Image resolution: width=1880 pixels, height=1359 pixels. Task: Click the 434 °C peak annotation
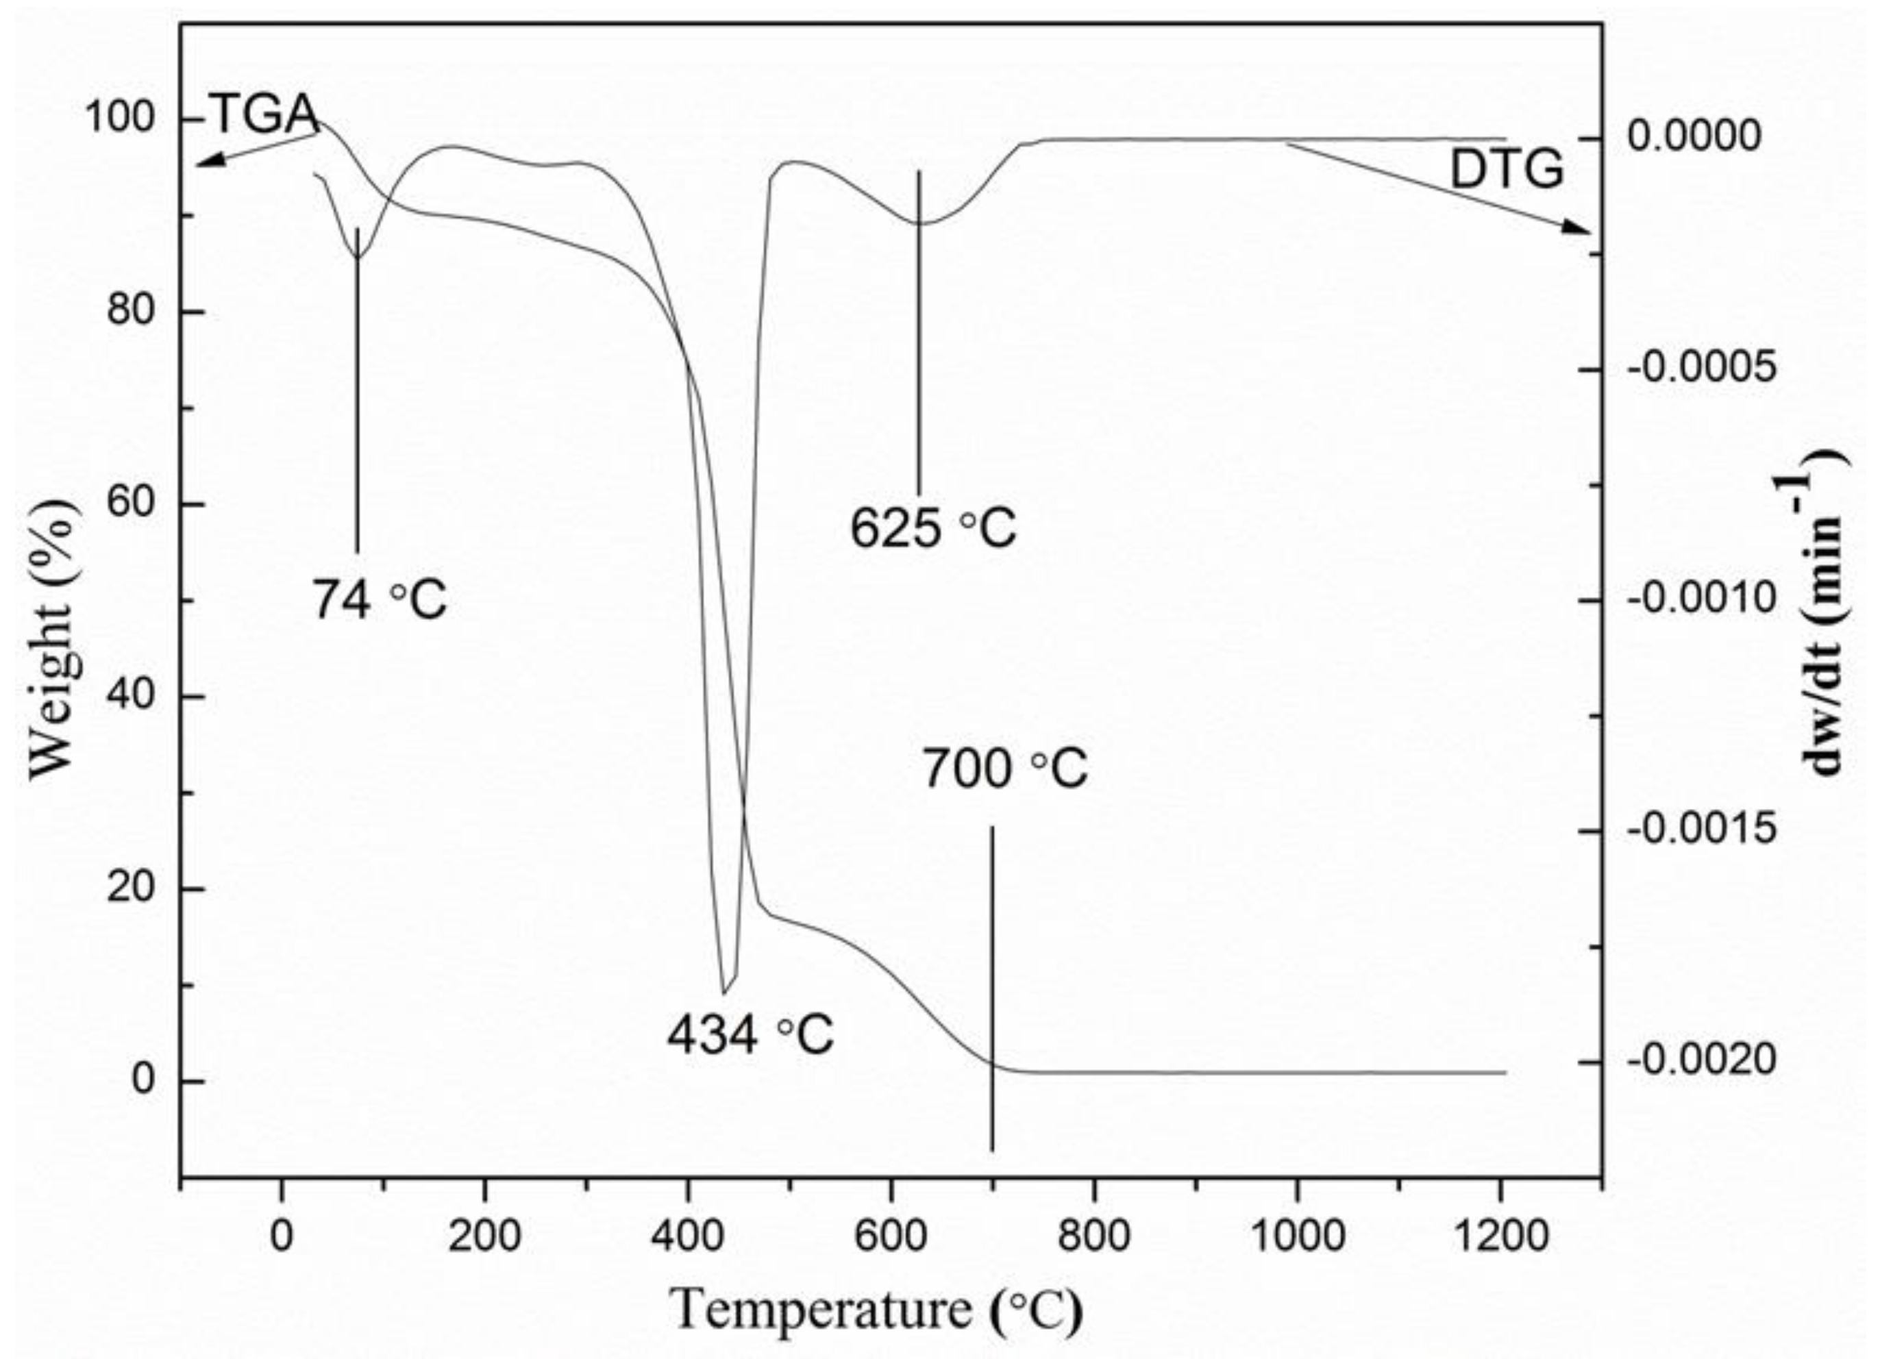click(750, 1035)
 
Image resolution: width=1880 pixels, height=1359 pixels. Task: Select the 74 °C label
click(379, 600)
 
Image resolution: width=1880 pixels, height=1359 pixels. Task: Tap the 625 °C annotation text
click(932, 528)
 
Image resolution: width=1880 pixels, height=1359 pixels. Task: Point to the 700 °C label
click(1004, 769)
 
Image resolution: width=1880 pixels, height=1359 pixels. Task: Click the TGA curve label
click(264, 114)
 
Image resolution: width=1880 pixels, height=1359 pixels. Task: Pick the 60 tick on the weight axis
click(131, 504)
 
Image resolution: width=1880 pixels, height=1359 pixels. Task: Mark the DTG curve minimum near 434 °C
click(723, 992)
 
